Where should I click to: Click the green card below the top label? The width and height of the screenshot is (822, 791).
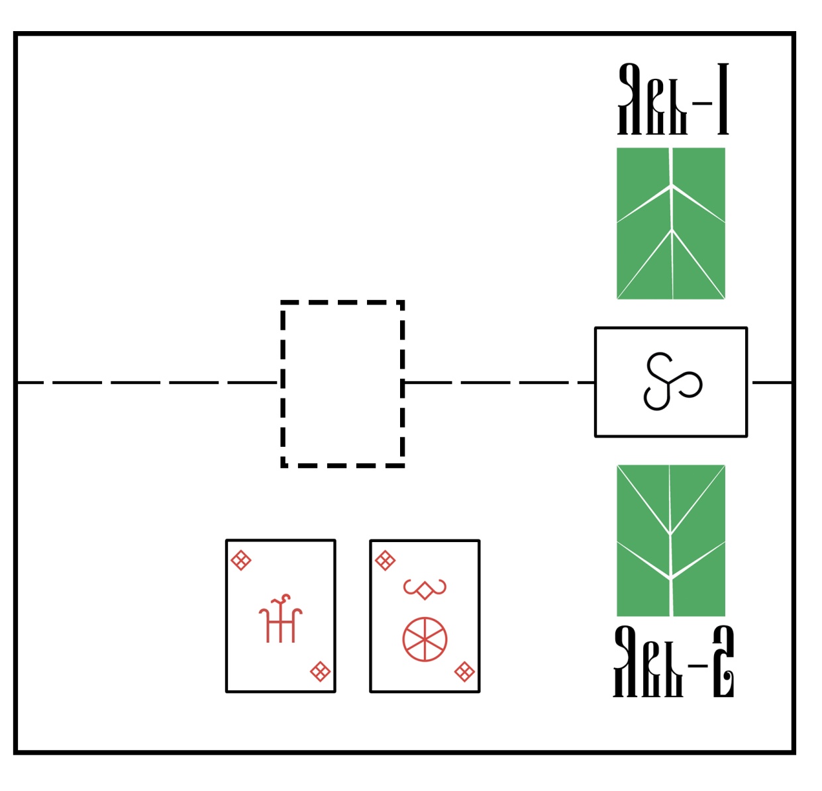click(x=670, y=223)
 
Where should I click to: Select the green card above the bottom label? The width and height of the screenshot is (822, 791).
click(x=670, y=540)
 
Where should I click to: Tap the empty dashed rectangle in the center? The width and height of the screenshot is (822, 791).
click(x=342, y=384)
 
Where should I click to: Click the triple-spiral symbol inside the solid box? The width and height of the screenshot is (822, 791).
click(x=671, y=382)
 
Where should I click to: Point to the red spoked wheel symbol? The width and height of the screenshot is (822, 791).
click(x=425, y=639)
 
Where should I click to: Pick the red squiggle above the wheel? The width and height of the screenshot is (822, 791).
click(x=425, y=588)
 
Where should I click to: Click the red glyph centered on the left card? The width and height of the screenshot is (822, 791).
click(x=280, y=619)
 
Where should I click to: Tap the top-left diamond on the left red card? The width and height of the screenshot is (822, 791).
click(x=240, y=561)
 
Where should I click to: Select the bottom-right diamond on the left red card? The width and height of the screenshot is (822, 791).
click(x=321, y=672)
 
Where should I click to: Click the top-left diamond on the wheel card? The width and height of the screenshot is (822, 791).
click(x=385, y=561)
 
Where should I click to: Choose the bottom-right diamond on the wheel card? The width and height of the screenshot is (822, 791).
click(x=464, y=673)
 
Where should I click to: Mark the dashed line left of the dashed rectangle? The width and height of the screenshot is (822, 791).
click(x=146, y=383)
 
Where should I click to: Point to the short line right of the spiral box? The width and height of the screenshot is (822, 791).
click(x=771, y=383)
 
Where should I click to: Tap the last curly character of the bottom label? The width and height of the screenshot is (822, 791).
click(x=723, y=662)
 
